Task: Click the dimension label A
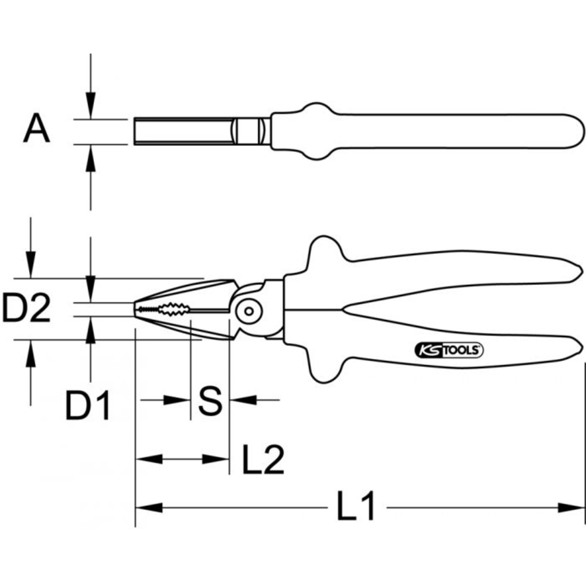(x=37, y=130)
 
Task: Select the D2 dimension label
(x=26, y=309)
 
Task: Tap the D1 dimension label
(x=88, y=406)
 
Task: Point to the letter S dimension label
(x=210, y=401)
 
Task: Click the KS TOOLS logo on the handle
(x=449, y=350)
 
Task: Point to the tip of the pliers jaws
(x=137, y=309)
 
